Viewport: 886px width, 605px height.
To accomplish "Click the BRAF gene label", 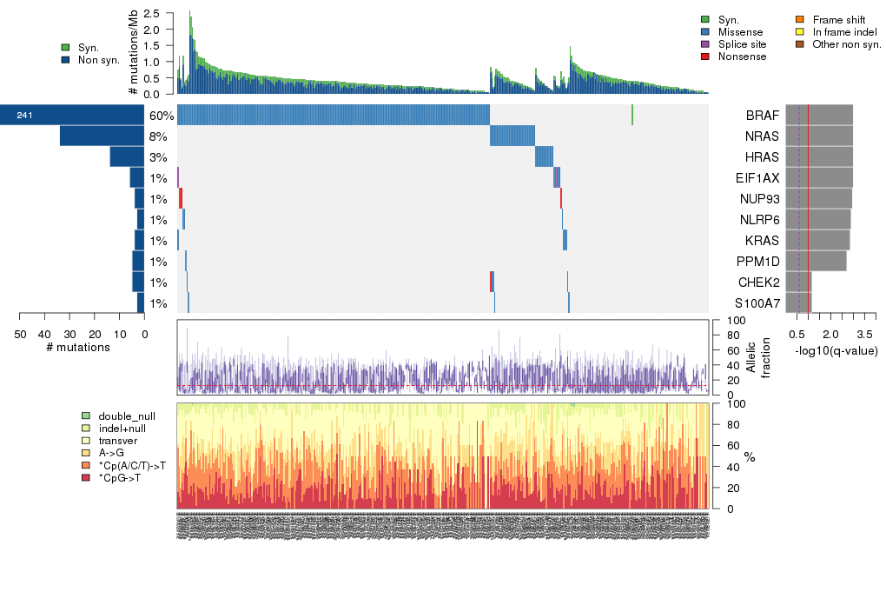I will [x=761, y=116].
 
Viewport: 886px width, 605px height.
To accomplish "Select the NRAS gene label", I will [x=762, y=136].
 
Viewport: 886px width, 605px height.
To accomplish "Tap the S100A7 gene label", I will [x=757, y=303].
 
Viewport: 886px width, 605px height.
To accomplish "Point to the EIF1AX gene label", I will [x=757, y=178].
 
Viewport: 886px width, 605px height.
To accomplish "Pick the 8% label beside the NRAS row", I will [x=159, y=136].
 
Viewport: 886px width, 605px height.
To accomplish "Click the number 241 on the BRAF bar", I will [x=24, y=116].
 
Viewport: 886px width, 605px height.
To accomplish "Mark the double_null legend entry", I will [x=121, y=416].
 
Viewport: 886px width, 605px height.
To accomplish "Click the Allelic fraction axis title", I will [x=751, y=357].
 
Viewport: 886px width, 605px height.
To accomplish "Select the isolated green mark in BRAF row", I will [x=632, y=115].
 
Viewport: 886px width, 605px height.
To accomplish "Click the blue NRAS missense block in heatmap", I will [x=512, y=136].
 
